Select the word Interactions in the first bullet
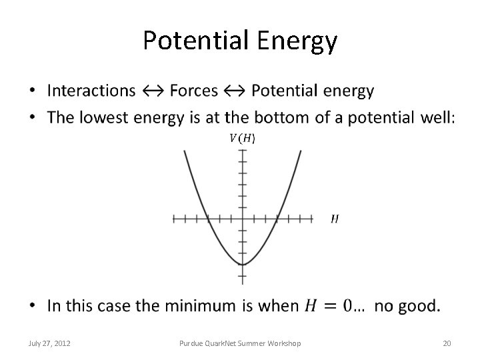91,91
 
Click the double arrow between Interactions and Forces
153,91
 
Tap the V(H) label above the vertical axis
242,138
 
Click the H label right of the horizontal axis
334,219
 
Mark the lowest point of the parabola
243,265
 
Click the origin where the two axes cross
243,219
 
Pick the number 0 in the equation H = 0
349,306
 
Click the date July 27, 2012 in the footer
50,343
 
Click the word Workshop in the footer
284,343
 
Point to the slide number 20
447,343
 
